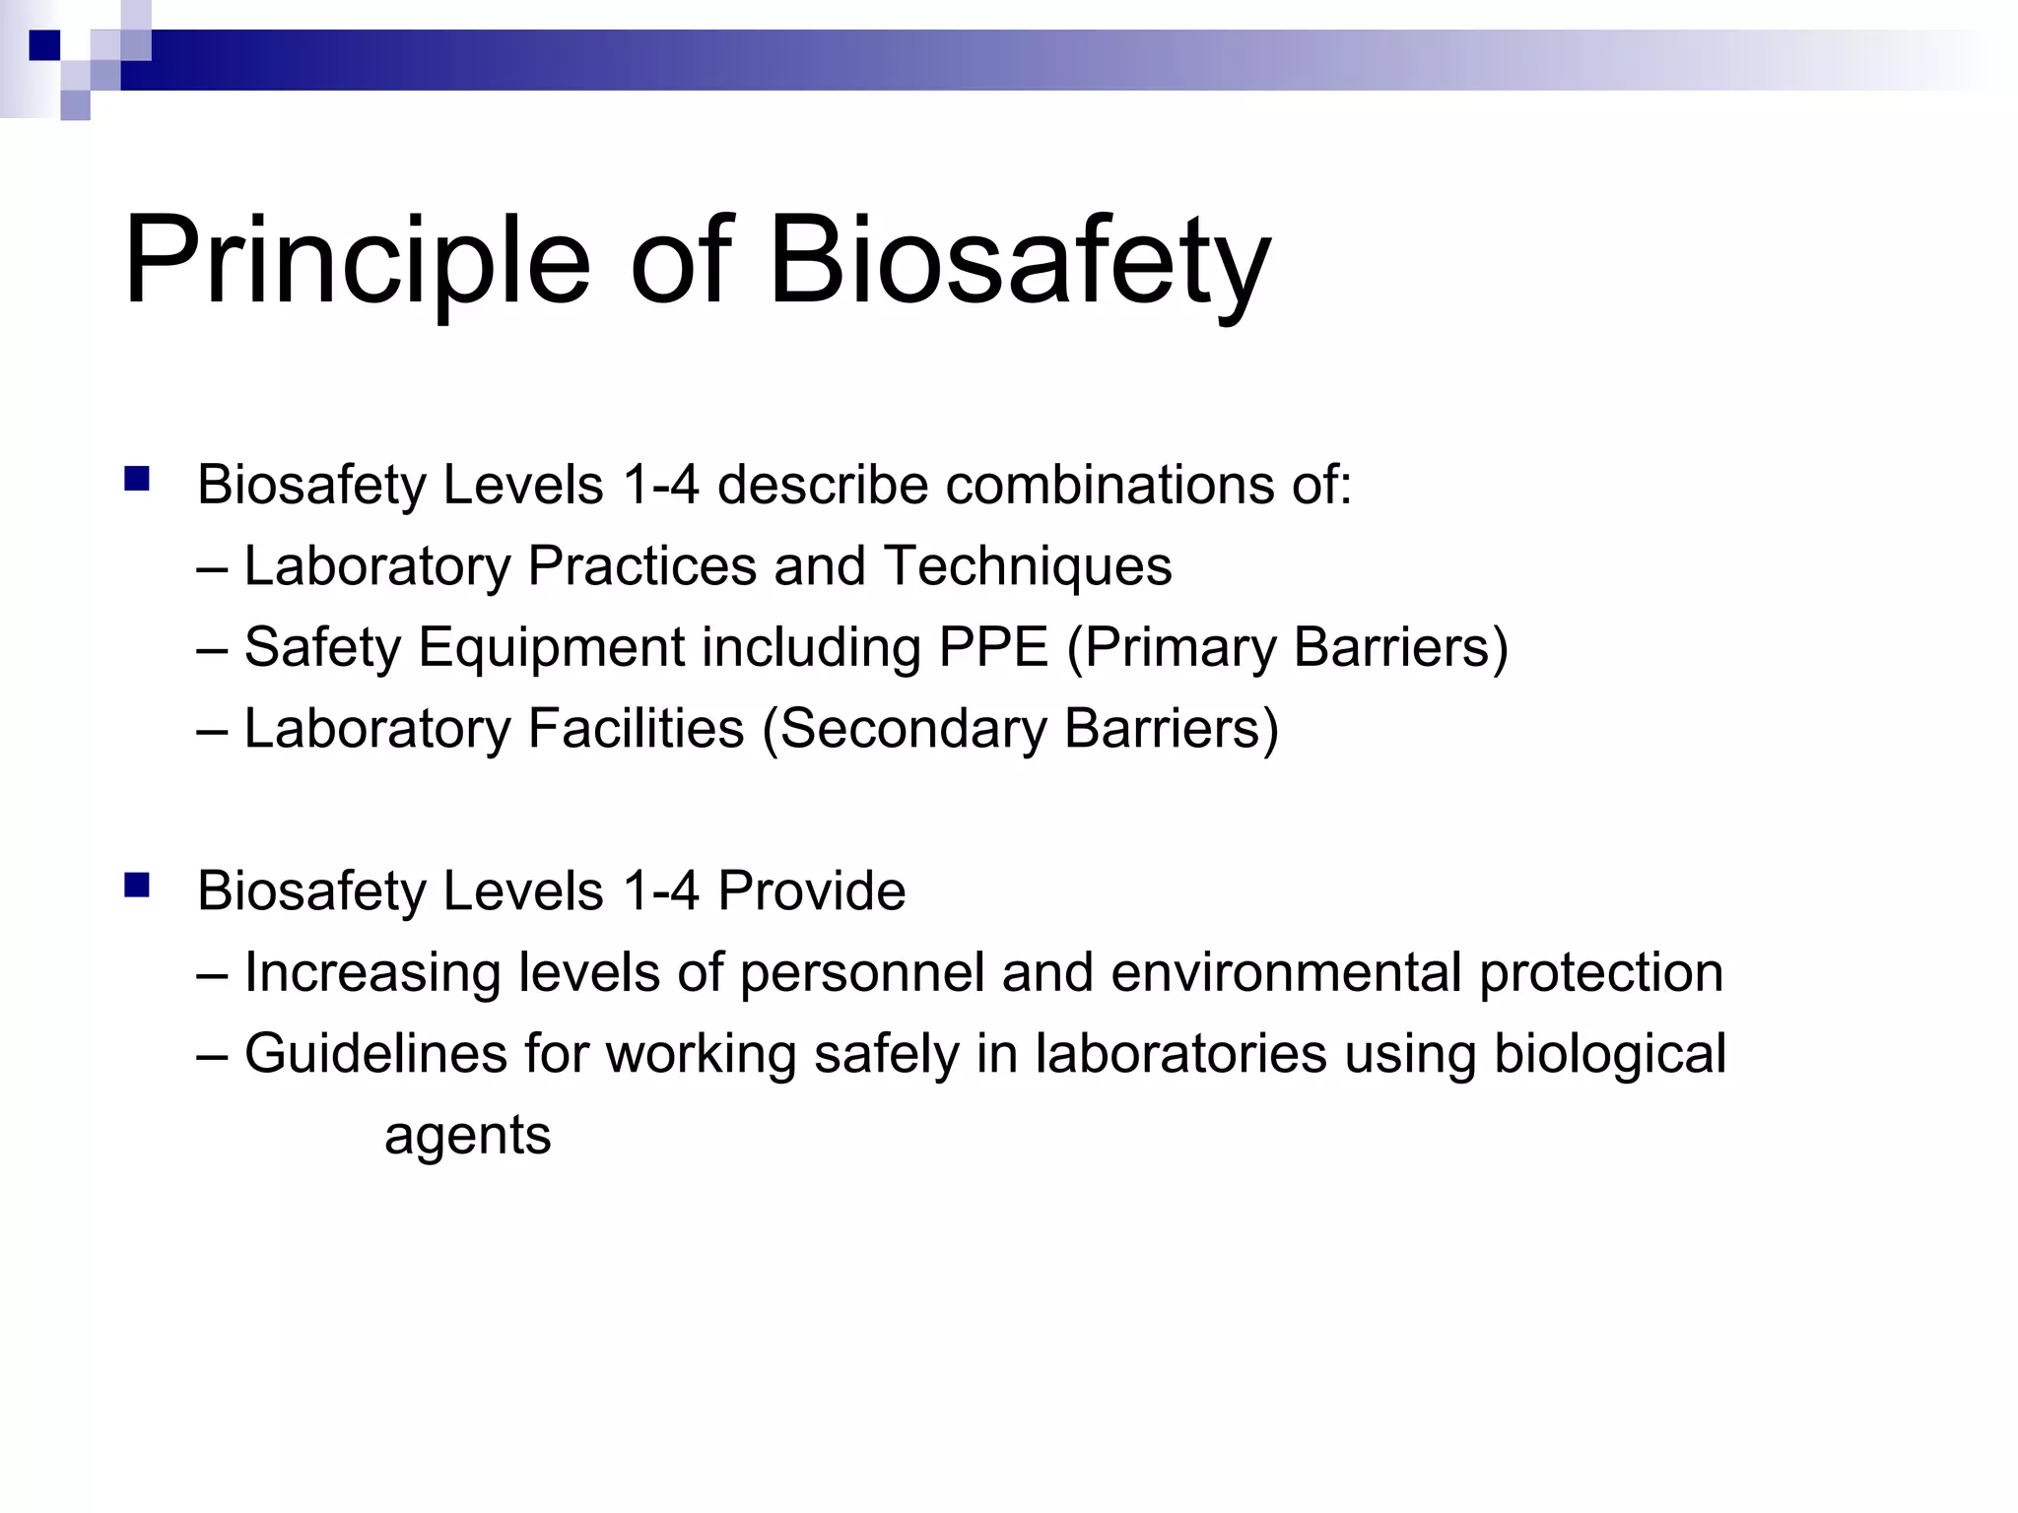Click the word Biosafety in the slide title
1019,262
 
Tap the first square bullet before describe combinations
137,480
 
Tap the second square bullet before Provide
137,886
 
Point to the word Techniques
1028,566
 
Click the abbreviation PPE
993,647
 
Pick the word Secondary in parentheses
913,730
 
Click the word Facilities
636,729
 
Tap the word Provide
811,890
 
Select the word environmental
1287,972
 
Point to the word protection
1601,973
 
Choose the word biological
1610,1054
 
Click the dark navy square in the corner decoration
44,45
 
